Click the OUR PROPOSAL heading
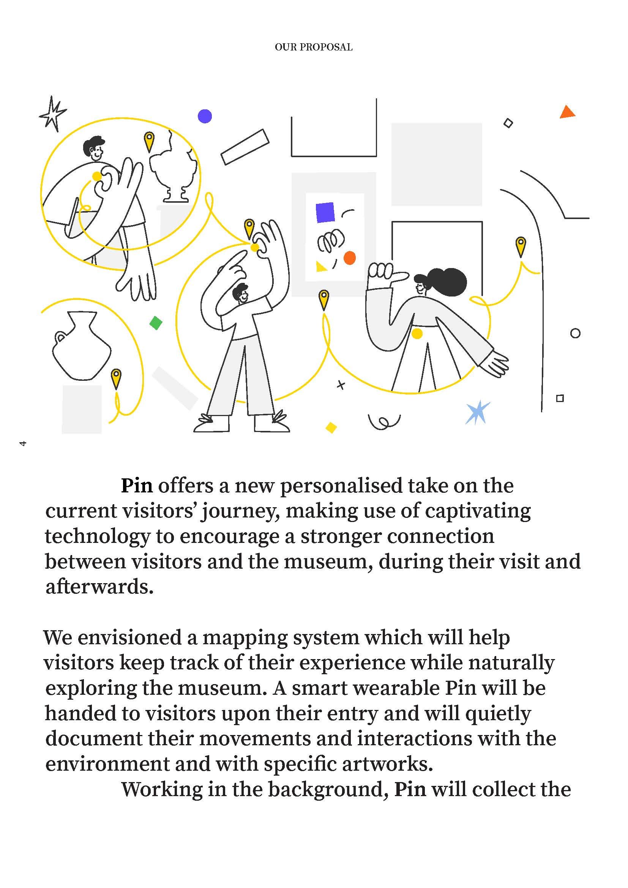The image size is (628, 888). click(x=314, y=47)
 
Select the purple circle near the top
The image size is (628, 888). click(x=205, y=116)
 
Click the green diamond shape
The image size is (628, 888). click(x=156, y=323)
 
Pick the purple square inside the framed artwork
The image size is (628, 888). click(x=325, y=212)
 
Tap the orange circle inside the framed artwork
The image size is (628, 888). click(x=350, y=257)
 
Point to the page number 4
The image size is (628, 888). click(x=23, y=443)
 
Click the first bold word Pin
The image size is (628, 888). click(x=137, y=486)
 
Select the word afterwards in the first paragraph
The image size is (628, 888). click(x=99, y=587)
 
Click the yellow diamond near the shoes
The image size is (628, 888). click(x=331, y=427)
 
